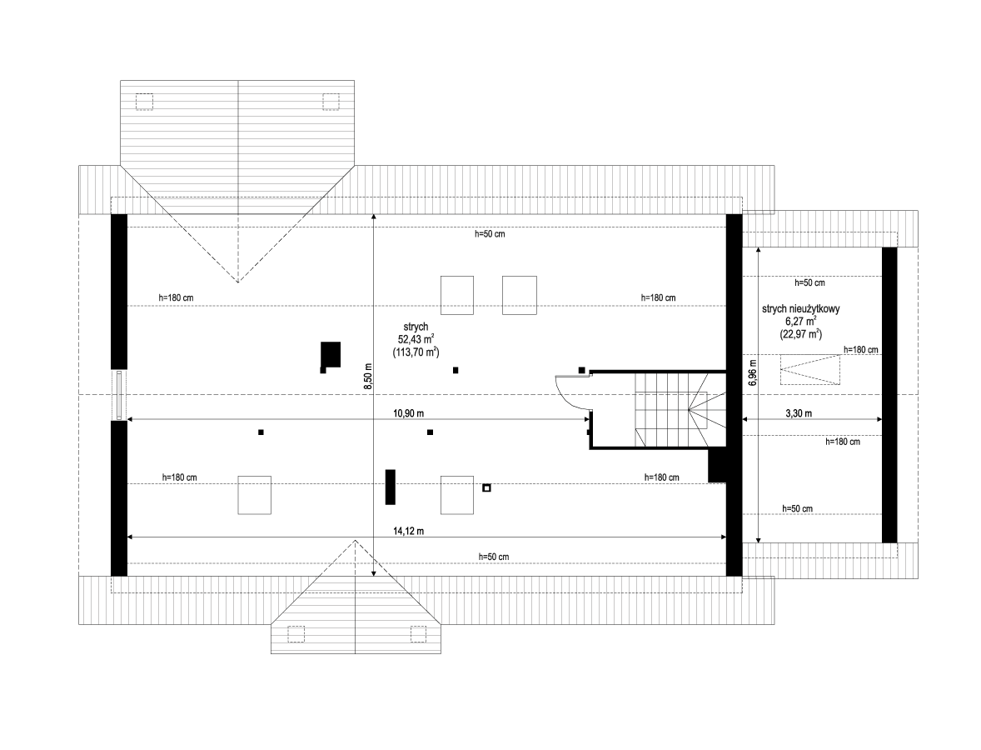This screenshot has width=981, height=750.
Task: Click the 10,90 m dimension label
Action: (408, 413)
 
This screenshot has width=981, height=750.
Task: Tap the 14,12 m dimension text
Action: (408, 531)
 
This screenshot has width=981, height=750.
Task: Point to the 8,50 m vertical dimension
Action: (368, 377)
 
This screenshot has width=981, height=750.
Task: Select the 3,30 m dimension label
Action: (799, 413)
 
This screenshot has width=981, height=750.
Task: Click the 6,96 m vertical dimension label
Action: (752, 372)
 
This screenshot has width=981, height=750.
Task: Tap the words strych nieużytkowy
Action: (800, 308)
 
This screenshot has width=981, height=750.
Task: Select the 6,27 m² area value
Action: (801, 321)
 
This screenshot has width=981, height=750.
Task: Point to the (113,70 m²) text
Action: (416, 352)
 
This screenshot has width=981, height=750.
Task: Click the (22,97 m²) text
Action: (801, 334)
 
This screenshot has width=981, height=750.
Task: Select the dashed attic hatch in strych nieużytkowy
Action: (809, 369)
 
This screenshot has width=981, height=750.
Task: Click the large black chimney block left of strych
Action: (331, 354)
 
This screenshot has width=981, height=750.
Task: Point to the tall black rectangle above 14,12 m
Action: (391, 487)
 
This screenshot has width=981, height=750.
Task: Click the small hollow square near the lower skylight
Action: (486, 487)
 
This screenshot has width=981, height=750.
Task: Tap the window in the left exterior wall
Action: (119, 395)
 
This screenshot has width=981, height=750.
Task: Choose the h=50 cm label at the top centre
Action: (489, 234)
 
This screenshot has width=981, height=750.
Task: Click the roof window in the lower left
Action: (254, 494)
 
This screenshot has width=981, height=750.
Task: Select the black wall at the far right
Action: (889, 395)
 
